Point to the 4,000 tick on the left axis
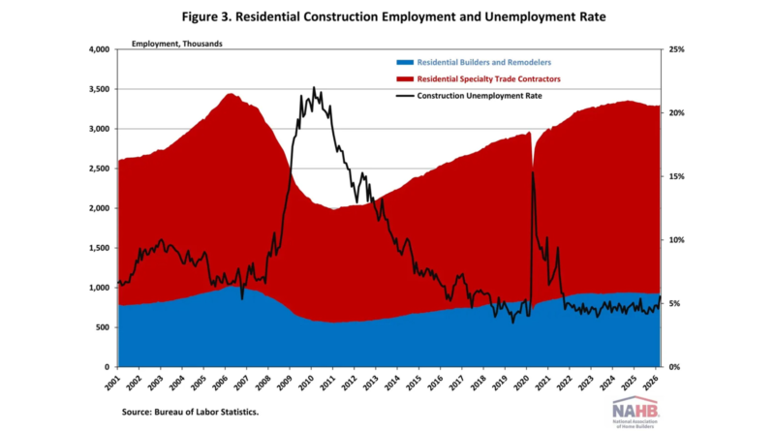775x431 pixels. pyautogui.click(x=99, y=49)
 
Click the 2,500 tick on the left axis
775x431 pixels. pyautogui.click(x=99, y=169)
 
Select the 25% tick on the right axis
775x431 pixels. pyautogui.click(x=677, y=49)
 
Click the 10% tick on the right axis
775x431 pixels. pyautogui.click(x=677, y=240)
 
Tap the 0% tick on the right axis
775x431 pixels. pyautogui.click(x=675, y=367)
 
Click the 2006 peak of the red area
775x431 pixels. pyautogui.click(x=229, y=94)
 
